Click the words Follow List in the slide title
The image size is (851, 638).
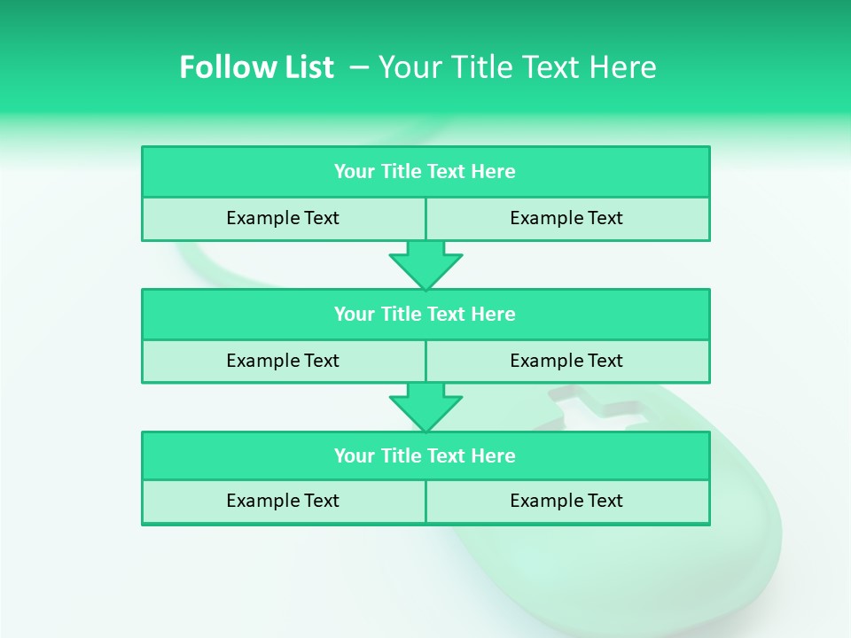click(256, 67)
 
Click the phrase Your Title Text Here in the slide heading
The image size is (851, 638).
click(517, 67)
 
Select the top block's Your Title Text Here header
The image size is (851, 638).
click(425, 172)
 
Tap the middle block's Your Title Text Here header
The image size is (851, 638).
click(425, 314)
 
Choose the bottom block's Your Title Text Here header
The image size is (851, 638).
click(425, 455)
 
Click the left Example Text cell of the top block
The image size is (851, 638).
click(283, 218)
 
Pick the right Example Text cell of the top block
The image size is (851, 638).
click(566, 218)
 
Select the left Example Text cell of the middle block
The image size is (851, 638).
click(283, 361)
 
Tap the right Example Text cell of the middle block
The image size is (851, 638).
click(566, 361)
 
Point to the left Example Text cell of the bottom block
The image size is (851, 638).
click(283, 501)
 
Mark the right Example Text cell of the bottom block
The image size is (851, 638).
click(566, 501)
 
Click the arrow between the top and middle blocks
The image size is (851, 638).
click(425, 265)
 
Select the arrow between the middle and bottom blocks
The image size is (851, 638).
click(425, 408)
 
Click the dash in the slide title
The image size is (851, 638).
click(359, 67)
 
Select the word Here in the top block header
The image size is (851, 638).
click(493, 172)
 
